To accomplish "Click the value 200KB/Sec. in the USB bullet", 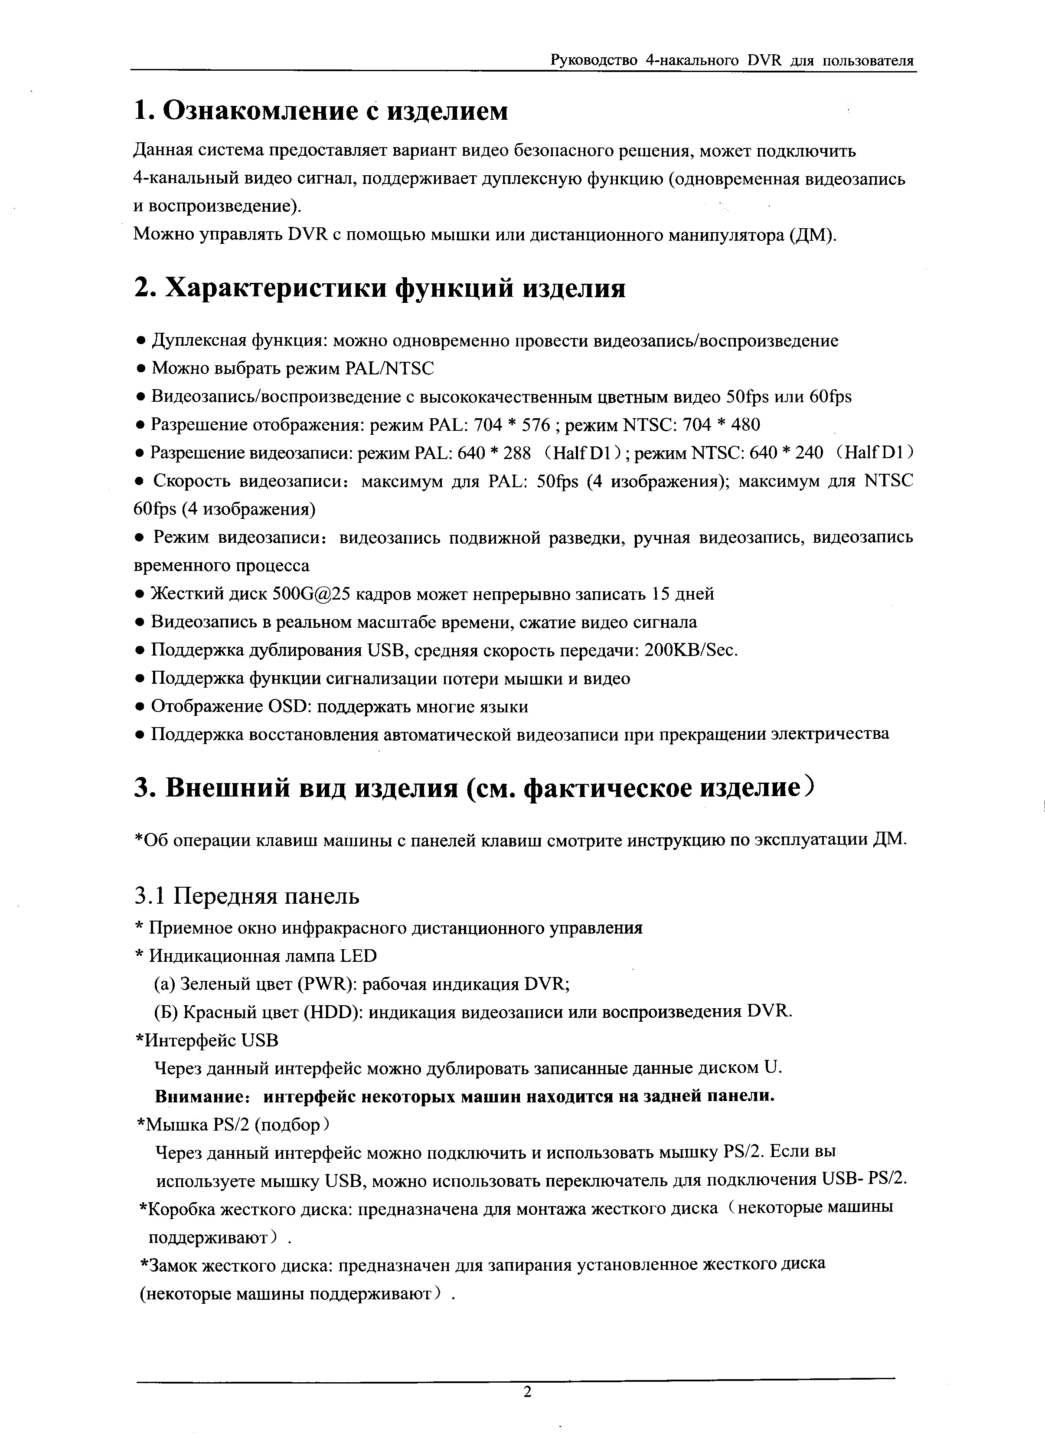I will point(691,650).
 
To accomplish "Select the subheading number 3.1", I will point(150,896).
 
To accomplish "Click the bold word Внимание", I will point(202,1097).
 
